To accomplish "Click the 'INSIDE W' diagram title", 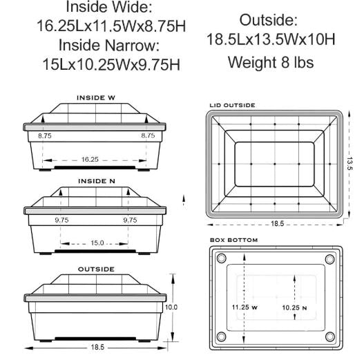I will pyautogui.click(x=96, y=97).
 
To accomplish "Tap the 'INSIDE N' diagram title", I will pyautogui.click(x=96, y=180).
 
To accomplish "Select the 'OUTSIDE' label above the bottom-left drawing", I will pyautogui.click(x=96, y=268).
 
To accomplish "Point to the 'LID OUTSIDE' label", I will pyautogui.click(x=232, y=106).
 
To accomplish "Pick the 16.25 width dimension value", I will pyautogui.click(x=90, y=159).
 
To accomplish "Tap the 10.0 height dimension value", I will pyautogui.click(x=171, y=307).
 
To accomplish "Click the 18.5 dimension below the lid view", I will pyautogui.click(x=276, y=224).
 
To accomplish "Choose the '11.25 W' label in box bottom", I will pyautogui.click(x=245, y=305).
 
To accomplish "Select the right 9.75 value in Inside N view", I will pyautogui.click(x=129, y=220).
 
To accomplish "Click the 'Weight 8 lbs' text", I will pyautogui.click(x=271, y=62).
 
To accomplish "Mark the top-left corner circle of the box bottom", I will pyautogui.click(x=222, y=258).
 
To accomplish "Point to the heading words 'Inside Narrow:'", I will pyautogui.click(x=109, y=46).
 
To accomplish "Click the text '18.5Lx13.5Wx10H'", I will pyautogui.click(x=271, y=39).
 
